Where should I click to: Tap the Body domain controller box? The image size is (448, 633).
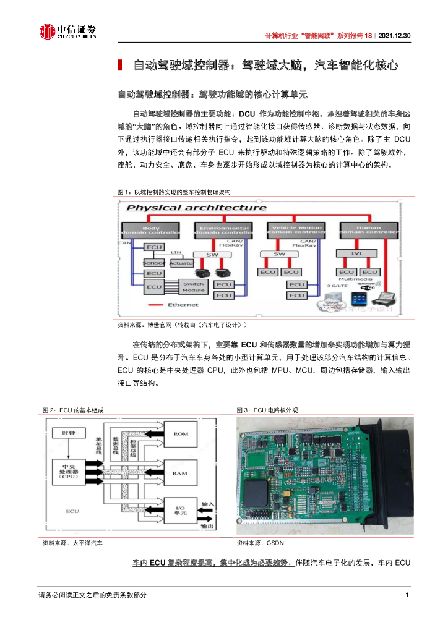pyautogui.click(x=151, y=231)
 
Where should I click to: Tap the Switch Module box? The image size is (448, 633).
pyautogui.click(x=194, y=287)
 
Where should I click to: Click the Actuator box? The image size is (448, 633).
pyautogui.click(x=181, y=263)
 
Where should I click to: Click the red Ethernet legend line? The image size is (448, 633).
pyautogui.click(x=155, y=305)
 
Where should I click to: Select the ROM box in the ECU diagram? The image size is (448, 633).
pyautogui.click(x=180, y=434)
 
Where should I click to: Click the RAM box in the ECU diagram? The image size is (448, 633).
pyautogui.click(x=180, y=474)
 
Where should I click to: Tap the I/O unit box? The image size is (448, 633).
pyautogui.click(x=180, y=512)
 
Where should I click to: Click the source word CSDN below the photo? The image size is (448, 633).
pyautogui.click(x=275, y=543)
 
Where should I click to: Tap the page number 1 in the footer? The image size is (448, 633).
pyautogui.click(x=407, y=595)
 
